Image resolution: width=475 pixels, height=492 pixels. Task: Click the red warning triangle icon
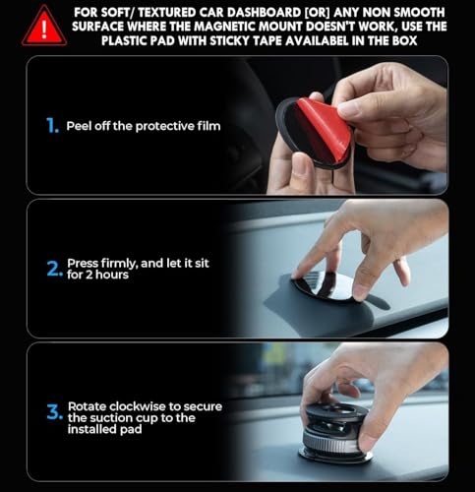pos(43,26)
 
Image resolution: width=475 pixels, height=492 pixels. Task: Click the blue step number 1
pos(51,126)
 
